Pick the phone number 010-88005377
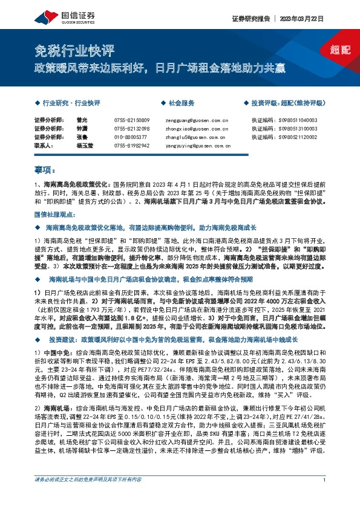[131, 137]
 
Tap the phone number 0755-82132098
[132, 129]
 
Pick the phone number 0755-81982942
[132, 146]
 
